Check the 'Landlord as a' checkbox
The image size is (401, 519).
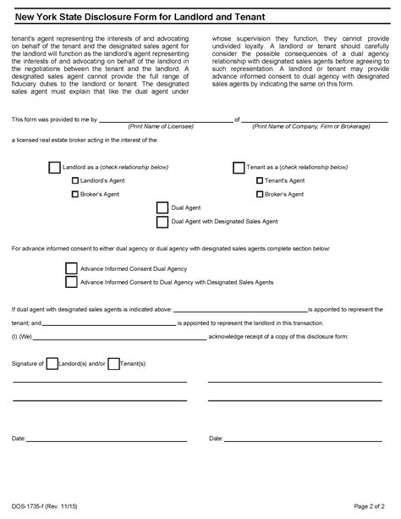(55, 168)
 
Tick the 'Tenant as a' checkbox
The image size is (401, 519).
(238, 168)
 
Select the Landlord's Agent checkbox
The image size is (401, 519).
(75, 180)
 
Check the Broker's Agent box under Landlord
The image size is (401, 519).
(75, 194)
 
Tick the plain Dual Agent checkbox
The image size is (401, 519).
(162, 207)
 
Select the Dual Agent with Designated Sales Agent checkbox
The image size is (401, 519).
(162, 222)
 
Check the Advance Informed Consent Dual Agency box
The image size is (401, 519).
(71, 267)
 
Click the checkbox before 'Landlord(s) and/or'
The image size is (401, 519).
(52, 362)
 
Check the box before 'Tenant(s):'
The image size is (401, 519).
(113, 362)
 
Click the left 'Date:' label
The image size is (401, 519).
(19, 439)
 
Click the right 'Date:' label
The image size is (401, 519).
(216, 439)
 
